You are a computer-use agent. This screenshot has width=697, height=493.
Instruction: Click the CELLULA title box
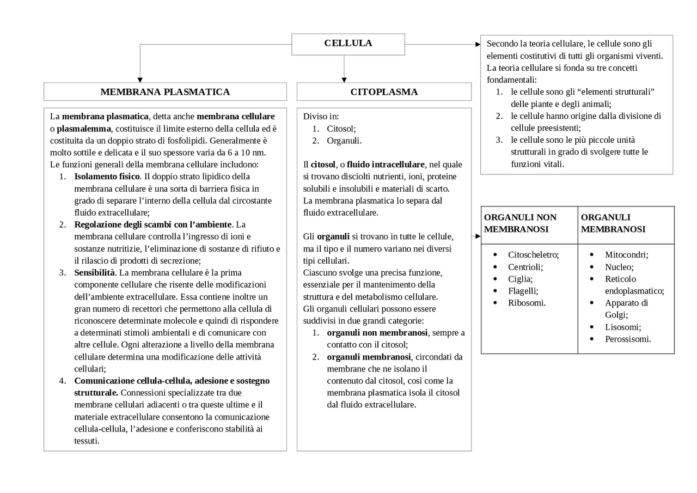[x=348, y=44]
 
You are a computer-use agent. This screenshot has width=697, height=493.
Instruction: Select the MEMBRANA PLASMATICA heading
[x=165, y=92]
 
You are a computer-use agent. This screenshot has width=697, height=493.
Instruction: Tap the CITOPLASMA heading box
[x=384, y=92]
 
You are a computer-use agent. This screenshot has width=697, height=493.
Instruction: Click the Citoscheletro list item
[x=533, y=254]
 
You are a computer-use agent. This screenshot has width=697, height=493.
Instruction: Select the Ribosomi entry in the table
[x=527, y=303]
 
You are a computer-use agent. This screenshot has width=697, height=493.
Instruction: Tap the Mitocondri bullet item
[x=626, y=254]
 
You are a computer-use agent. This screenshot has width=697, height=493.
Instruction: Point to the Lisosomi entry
[x=623, y=327]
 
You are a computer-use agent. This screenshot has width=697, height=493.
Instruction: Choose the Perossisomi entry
[x=628, y=339]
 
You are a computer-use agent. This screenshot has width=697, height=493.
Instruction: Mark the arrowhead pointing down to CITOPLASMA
[x=344, y=80]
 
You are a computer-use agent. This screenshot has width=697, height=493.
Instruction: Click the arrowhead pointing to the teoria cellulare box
[x=478, y=45]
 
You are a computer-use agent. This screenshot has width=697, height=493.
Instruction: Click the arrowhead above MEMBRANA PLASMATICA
[x=140, y=80]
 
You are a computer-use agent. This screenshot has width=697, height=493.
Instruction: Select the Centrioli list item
[x=525, y=267]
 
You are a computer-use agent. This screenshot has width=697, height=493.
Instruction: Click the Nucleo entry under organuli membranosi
[x=619, y=267]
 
